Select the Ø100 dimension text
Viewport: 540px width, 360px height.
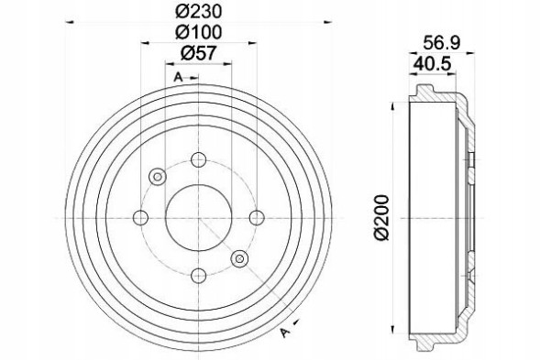198,32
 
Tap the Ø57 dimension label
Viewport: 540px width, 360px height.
198,52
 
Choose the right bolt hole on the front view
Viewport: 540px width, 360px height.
256,217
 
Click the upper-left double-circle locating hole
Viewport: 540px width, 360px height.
156,175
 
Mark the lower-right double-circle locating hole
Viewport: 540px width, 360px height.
240,258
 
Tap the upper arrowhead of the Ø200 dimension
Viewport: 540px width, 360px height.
392,98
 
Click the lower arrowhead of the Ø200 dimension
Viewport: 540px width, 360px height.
392,334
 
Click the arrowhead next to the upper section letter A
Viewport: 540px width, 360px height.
194,77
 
